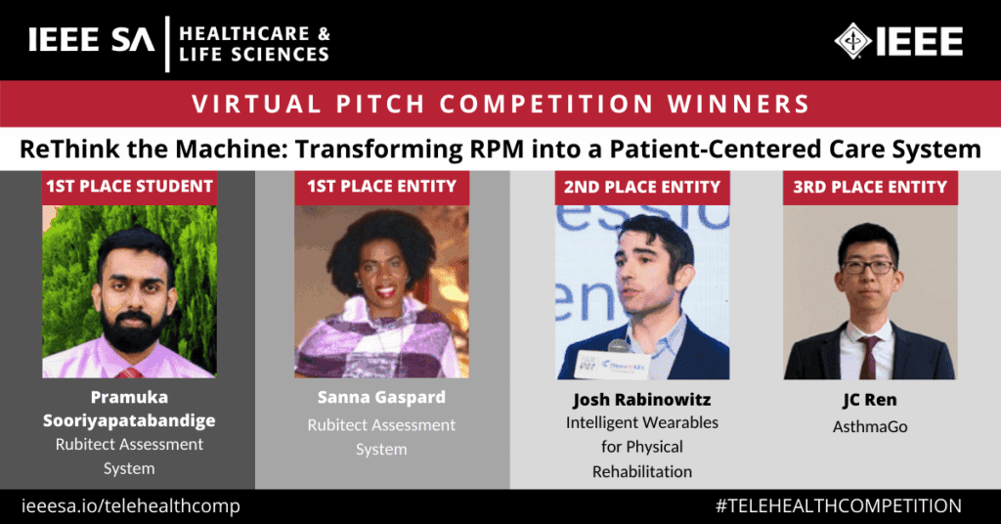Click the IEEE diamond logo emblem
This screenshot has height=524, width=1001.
pyautogui.click(x=853, y=41)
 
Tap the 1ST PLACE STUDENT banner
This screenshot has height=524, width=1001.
pyautogui.click(x=128, y=186)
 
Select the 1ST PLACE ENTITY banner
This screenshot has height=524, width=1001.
pyautogui.click(x=381, y=186)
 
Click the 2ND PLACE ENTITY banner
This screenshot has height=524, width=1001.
pyautogui.click(x=642, y=186)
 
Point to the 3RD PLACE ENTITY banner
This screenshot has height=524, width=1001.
pyautogui.click(x=870, y=186)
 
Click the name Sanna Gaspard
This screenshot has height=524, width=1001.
pyautogui.click(x=381, y=398)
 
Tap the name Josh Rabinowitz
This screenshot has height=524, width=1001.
pyautogui.click(x=642, y=400)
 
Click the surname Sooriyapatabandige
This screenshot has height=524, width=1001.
pyautogui.click(x=128, y=420)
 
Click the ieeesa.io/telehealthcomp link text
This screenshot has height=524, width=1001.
pyautogui.click(x=131, y=505)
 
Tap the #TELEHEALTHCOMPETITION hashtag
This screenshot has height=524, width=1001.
pyautogui.click(x=839, y=505)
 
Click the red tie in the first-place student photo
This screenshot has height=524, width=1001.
pyautogui.click(x=128, y=372)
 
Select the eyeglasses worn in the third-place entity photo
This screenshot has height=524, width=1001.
pyautogui.click(x=867, y=266)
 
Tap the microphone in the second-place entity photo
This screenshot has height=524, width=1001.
pyautogui.click(x=618, y=346)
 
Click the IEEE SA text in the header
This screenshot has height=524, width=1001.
pyautogui.click(x=90, y=41)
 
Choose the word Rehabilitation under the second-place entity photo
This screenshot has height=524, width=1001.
pyautogui.click(x=642, y=471)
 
